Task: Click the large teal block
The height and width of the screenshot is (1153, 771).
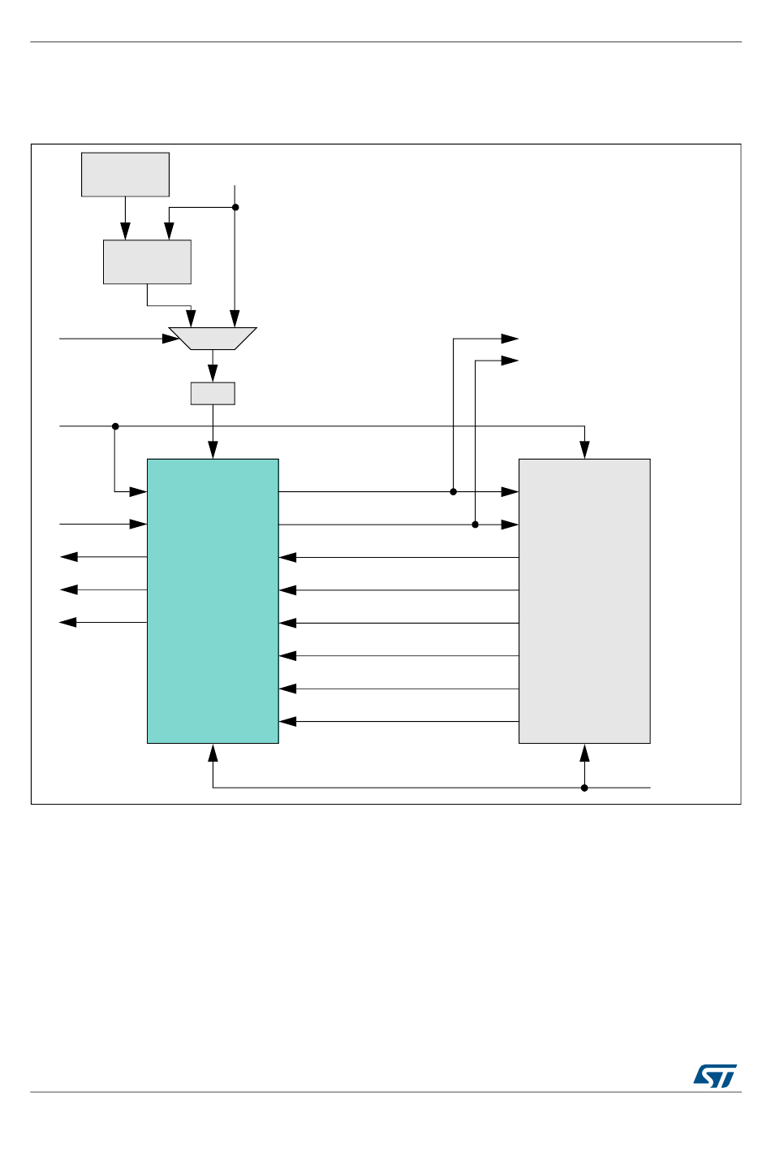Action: [213, 601]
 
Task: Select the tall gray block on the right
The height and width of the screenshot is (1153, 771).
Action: [584, 601]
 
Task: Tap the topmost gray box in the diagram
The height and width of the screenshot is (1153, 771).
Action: [125, 175]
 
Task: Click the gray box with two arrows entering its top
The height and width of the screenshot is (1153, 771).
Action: [147, 261]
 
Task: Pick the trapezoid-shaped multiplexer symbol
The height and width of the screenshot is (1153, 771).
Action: [213, 339]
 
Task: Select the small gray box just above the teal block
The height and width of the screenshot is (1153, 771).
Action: [213, 393]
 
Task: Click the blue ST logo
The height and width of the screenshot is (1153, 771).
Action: [715, 1076]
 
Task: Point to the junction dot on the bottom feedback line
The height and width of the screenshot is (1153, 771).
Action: [584, 788]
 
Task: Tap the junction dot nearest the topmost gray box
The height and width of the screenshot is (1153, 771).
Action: [235, 207]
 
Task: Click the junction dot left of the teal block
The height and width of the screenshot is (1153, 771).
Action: [115, 426]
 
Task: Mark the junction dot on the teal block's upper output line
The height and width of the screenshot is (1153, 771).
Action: [454, 491]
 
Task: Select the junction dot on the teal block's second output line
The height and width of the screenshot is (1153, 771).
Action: [476, 525]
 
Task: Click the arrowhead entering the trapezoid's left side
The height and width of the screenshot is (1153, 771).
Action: [171, 339]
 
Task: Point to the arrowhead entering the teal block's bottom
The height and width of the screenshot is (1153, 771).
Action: [213, 752]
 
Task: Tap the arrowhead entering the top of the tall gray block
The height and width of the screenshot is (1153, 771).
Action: [584, 451]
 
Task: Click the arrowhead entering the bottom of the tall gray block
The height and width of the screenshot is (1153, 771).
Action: [584, 752]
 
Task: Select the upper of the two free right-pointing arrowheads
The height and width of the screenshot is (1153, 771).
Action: [510, 339]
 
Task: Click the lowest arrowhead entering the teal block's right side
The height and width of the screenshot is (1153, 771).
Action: [287, 721]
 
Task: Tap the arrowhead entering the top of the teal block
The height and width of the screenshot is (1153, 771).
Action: [213, 451]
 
